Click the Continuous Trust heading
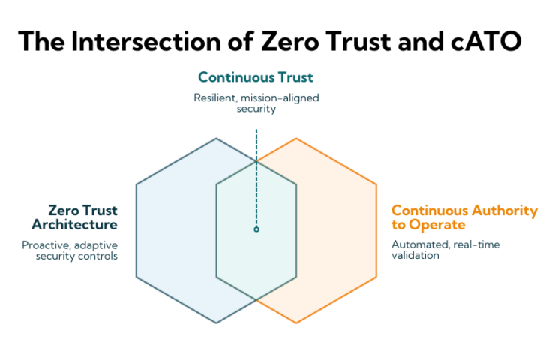pos(256,77)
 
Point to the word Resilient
pos(215,97)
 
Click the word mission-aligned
pos(280,98)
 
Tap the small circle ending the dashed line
pos(256,229)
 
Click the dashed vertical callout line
pos(256,178)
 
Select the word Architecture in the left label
pos(75,224)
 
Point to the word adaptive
pos(96,246)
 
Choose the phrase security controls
pos(76,256)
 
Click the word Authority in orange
pos(504,211)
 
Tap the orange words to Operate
pos(428,225)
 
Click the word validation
pos(415,255)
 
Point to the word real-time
pos(477,244)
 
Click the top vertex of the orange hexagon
pos(296,139)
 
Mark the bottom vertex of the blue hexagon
pos(216,322)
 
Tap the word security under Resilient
pos(256,109)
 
